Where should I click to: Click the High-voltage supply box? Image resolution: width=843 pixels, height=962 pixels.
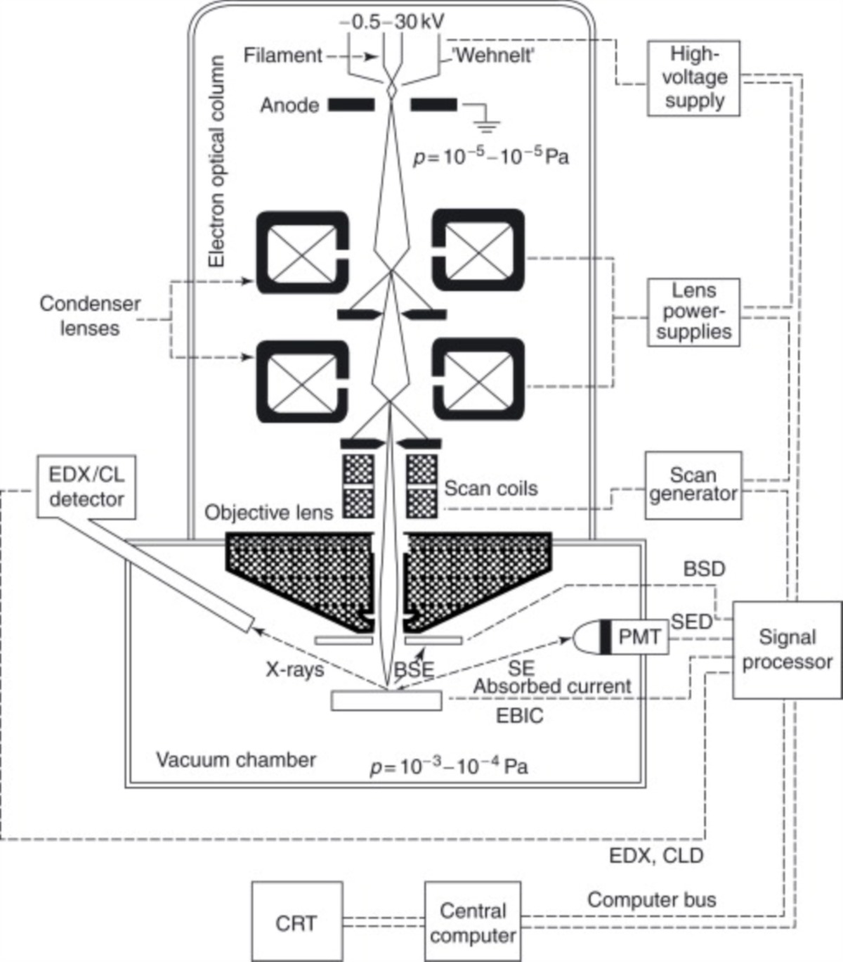click(x=694, y=77)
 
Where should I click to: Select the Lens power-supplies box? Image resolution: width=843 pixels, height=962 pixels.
click(x=693, y=312)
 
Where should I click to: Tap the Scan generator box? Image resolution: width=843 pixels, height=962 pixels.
click(x=693, y=485)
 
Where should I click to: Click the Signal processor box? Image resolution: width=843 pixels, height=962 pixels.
click(x=786, y=650)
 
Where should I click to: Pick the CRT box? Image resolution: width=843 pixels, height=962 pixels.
click(x=296, y=922)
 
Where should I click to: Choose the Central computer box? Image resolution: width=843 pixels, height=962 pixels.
click(x=473, y=922)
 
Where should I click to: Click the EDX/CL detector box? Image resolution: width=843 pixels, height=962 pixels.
click(x=86, y=487)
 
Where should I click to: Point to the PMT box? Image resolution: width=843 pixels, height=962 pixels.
click(x=639, y=637)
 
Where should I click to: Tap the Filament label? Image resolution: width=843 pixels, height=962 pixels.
click(x=282, y=55)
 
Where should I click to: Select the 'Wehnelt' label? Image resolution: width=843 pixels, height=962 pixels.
click(x=493, y=55)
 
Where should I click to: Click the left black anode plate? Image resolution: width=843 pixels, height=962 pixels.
click(x=351, y=105)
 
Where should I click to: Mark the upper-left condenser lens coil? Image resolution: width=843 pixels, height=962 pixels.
click(x=303, y=252)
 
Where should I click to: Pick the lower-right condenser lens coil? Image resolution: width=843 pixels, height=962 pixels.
click(x=478, y=380)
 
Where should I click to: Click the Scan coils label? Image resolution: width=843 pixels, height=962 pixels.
click(x=490, y=488)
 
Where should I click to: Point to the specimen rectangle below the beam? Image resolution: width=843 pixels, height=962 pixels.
click(x=386, y=701)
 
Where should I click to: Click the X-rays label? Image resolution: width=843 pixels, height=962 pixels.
click(x=294, y=669)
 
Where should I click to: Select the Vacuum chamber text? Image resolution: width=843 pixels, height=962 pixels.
click(x=235, y=760)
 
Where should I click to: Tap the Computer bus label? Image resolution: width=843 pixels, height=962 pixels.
click(x=651, y=899)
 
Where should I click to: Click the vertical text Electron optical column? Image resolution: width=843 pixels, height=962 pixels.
click(x=217, y=162)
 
